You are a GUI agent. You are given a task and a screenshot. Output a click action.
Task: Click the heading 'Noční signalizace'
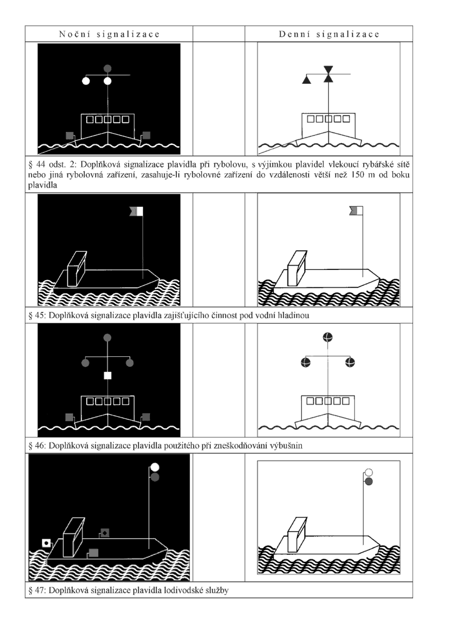(x=109, y=34)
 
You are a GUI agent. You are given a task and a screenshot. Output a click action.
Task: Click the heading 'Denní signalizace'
(x=329, y=34)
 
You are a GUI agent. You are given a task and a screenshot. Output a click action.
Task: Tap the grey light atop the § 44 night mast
(x=107, y=69)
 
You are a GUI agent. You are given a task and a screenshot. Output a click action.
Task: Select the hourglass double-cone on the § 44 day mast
(x=329, y=74)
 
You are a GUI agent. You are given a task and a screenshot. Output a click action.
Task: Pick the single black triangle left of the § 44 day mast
(x=307, y=80)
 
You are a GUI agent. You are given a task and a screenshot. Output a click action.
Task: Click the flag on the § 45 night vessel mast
(x=136, y=211)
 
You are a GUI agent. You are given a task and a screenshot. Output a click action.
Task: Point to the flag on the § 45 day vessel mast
(x=356, y=211)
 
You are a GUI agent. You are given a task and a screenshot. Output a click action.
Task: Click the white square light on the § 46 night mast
(x=107, y=376)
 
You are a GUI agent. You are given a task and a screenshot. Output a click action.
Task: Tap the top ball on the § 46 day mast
(x=327, y=337)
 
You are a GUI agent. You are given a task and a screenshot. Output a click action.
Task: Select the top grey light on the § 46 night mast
(x=107, y=337)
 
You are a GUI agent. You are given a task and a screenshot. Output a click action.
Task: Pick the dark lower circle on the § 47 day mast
(x=369, y=481)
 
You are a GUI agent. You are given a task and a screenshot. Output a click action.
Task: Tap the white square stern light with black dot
(x=47, y=542)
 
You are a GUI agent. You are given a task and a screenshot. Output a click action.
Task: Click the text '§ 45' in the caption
(x=36, y=316)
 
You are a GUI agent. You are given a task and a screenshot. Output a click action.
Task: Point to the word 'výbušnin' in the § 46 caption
(x=286, y=446)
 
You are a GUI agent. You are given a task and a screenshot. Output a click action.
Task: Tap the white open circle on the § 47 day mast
(x=369, y=472)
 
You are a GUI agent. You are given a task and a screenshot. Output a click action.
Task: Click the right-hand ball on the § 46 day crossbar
(x=350, y=362)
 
